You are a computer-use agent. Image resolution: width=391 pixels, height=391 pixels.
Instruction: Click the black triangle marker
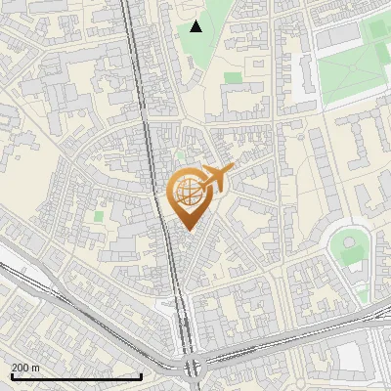196,26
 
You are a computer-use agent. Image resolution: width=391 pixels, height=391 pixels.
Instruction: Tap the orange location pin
188,201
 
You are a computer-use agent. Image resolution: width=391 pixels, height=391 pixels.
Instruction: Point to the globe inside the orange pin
188,192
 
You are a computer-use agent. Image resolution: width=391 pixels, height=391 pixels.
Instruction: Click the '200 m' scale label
26,367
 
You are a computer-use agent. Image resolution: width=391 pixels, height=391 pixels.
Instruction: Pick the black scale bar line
76,376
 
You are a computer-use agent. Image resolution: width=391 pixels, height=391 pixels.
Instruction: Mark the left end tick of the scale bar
11,375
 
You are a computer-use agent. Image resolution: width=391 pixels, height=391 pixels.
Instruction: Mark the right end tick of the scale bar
143,375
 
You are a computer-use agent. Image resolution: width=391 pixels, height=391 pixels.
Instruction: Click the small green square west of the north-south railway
99,215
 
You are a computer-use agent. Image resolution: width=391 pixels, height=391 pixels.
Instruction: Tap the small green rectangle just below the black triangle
233,77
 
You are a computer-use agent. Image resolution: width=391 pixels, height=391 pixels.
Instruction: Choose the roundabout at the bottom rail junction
193,368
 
